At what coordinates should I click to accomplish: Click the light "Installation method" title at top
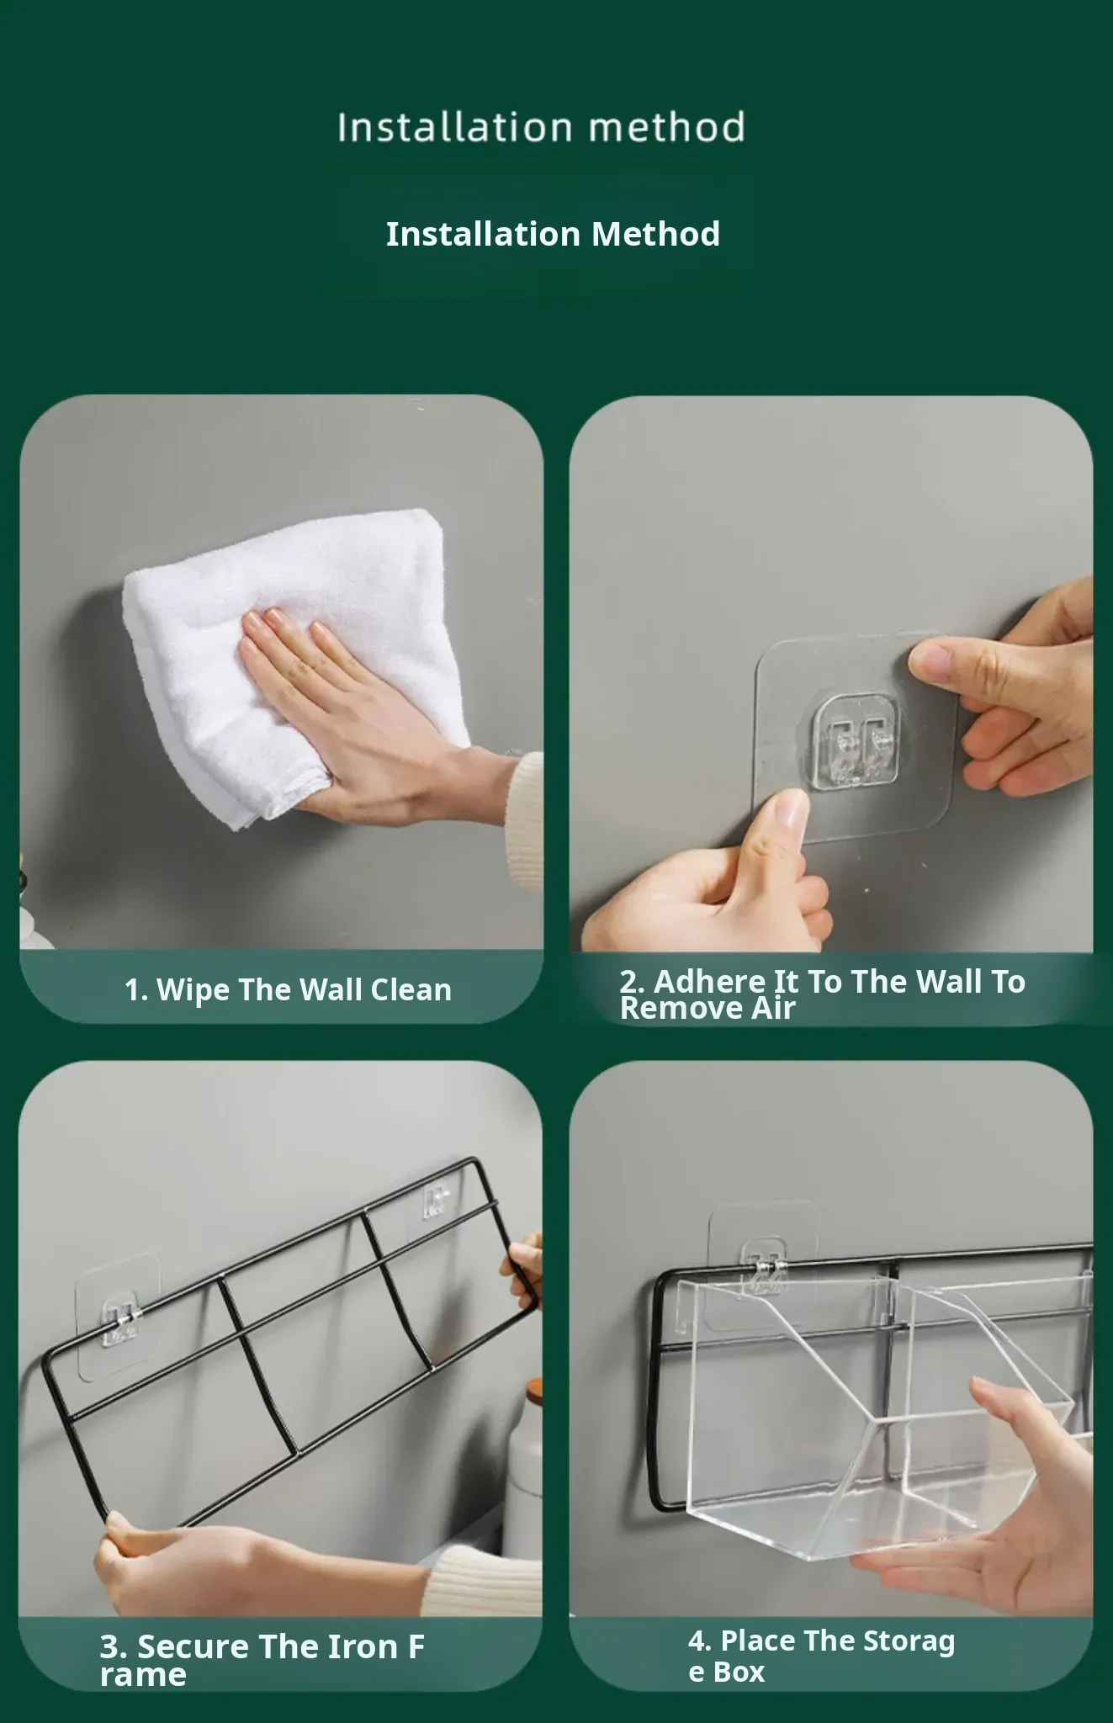(541, 127)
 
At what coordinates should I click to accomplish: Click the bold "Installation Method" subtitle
(553, 234)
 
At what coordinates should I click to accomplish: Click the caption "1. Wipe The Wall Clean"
(288, 990)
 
